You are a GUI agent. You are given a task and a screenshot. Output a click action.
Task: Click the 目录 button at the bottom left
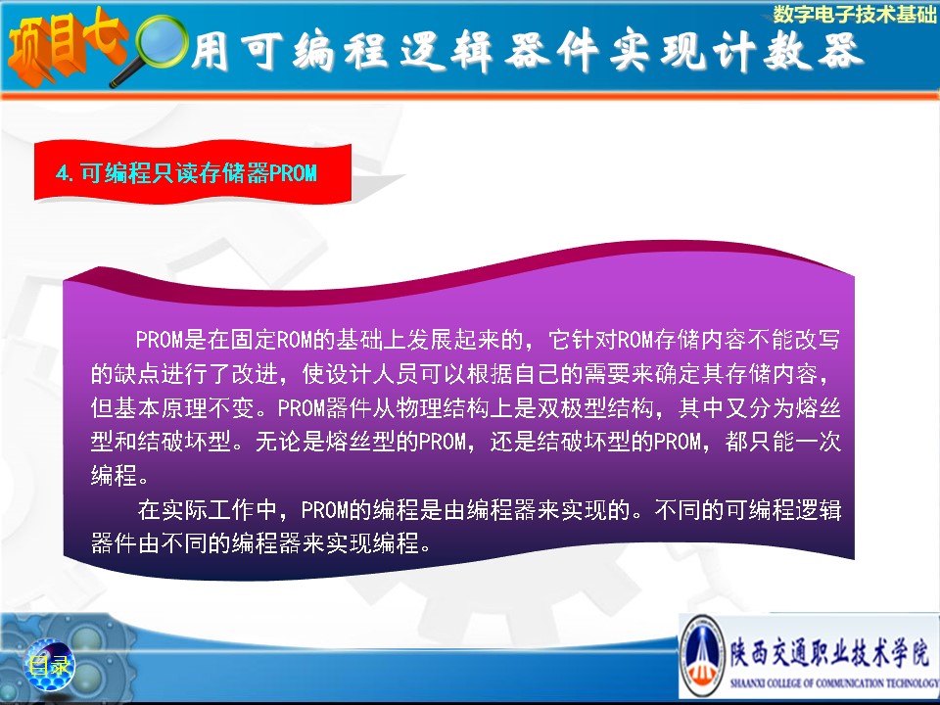pos(49,665)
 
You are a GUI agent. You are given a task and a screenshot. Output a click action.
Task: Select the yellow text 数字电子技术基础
pos(855,14)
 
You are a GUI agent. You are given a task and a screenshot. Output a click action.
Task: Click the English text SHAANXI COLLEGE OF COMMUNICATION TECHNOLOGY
pos(834,682)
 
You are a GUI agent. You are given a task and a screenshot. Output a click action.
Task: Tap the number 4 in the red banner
pos(61,174)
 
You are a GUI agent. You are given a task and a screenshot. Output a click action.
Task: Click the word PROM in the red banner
pos(293,173)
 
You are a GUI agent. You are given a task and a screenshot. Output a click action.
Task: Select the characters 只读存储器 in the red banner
pos(211,173)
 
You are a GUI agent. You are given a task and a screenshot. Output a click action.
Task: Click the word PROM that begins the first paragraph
pos(159,340)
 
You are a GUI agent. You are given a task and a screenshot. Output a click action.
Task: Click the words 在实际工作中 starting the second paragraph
pos(208,510)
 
